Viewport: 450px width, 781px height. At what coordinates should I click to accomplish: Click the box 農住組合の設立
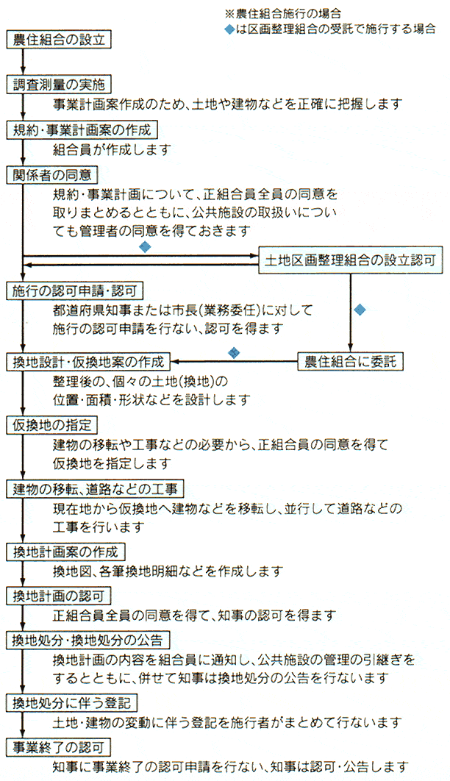tap(58, 40)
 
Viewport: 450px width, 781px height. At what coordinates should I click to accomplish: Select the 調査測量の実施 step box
tap(58, 85)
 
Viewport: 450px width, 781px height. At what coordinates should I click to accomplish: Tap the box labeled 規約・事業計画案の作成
tap(82, 130)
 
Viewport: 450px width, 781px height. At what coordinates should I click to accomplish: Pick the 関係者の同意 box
tap(51, 175)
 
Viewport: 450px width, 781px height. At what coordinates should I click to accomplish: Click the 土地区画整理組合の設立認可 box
tap(351, 260)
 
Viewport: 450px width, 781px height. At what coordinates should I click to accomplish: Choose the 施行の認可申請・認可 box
tap(75, 290)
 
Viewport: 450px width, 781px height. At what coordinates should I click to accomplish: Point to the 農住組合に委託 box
tap(351, 361)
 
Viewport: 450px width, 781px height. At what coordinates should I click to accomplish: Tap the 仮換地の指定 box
tap(51, 425)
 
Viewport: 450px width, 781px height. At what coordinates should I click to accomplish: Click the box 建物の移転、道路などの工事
tap(95, 488)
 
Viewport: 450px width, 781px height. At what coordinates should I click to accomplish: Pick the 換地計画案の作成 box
tap(65, 552)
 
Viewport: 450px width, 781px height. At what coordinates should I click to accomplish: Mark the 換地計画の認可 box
tap(58, 596)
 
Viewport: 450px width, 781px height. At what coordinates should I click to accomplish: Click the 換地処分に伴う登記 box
tap(71, 703)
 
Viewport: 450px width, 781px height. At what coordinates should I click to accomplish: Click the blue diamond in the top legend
tap(229, 29)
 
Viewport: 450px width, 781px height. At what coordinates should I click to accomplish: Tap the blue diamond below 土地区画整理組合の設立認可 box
tap(360, 310)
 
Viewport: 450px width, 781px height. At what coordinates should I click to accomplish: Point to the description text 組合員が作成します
tap(112, 149)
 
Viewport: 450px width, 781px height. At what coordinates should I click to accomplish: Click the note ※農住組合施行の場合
tap(283, 13)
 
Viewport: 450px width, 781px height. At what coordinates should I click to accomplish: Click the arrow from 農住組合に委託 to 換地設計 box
tap(234, 361)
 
